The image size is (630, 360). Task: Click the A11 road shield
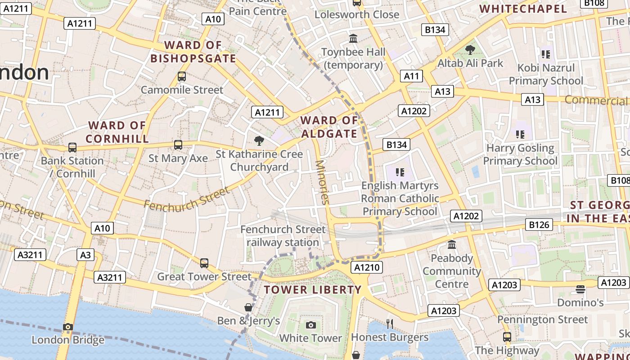point(411,76)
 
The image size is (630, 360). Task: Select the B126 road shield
point(539,225)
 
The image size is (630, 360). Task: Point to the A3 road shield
point(85,255)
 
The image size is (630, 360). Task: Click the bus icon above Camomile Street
point(182,76)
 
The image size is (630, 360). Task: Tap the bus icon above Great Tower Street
point(204,263)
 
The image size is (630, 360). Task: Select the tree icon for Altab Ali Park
point(470,50)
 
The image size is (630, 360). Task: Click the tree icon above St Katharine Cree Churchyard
point(259,141)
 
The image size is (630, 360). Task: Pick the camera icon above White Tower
point(310,325)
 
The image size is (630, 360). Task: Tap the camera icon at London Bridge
point(68,327)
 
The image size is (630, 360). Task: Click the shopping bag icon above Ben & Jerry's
point(248,307)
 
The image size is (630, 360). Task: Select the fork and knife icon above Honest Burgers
point(390,324)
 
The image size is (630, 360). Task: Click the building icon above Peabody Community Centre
point(452,245)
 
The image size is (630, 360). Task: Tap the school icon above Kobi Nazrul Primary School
point(546,54)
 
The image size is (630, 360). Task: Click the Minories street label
point(323,182)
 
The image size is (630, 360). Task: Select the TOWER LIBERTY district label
point(313,289)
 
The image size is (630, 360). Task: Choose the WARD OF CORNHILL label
point(117,132)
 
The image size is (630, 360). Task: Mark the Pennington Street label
point(542,319)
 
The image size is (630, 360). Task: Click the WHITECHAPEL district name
point(523,9)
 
